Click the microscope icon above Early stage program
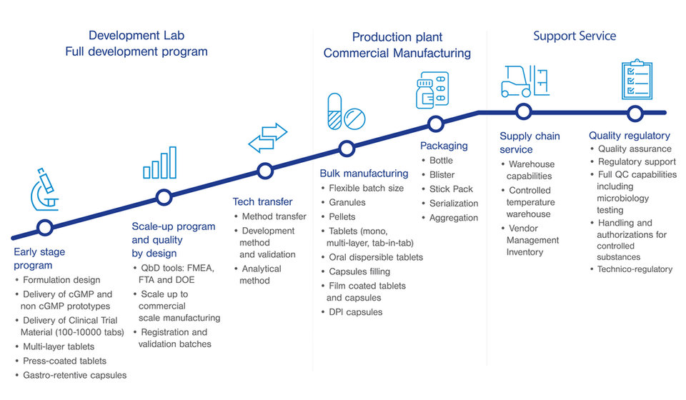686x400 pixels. coord(45,188)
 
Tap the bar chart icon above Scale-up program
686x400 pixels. coord(159,163)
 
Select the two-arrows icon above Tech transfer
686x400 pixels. coord(267,137)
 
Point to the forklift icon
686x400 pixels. coord(524,81)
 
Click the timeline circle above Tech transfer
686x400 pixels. coord(265,171)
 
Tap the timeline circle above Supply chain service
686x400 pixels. coord(524,112)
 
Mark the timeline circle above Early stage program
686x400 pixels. coord(45,228)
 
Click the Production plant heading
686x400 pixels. coord(397,37)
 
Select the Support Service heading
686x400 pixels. coord(575,36)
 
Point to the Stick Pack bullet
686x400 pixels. coord(451,189)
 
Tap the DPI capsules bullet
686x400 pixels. coord(355,312)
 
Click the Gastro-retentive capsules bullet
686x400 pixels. coord(74,375)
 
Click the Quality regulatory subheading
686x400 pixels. coord(629,135)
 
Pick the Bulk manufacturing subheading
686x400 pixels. coord(364,173)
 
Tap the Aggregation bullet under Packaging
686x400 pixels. coord(453,218)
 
